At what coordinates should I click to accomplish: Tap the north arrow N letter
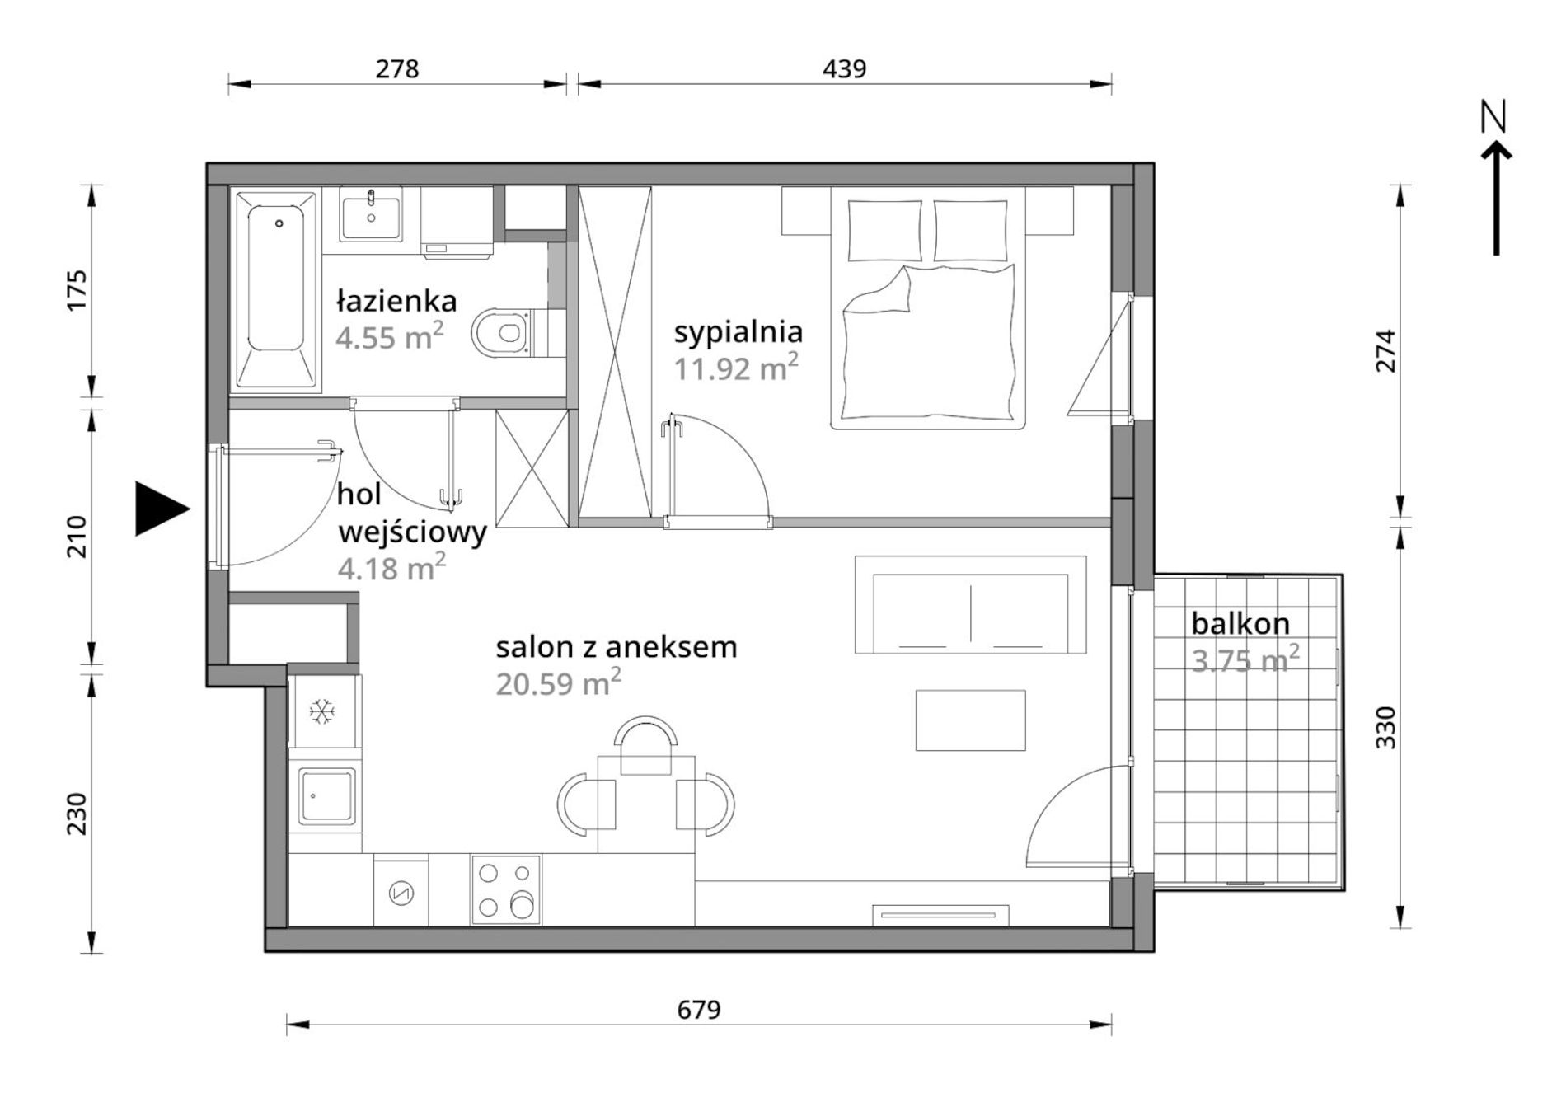tap(1493, 117)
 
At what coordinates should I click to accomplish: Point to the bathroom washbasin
tap(371, 215)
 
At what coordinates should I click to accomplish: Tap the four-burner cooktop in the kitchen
tap(505, 890)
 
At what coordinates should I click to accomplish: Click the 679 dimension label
tap(699, 1009)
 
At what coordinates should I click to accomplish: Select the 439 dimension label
tap(845, 68)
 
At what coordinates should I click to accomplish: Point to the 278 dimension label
tap(397, 68)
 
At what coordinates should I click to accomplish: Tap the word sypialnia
tap(738, 333)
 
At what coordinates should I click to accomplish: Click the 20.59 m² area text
tap(558, 682)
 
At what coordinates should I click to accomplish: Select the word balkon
tap(1240, 624)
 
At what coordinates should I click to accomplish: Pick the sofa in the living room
tap(970, 605)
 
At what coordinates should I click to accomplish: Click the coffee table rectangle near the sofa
tap(970, 720)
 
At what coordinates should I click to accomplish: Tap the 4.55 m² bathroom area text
tap(390, 337)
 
